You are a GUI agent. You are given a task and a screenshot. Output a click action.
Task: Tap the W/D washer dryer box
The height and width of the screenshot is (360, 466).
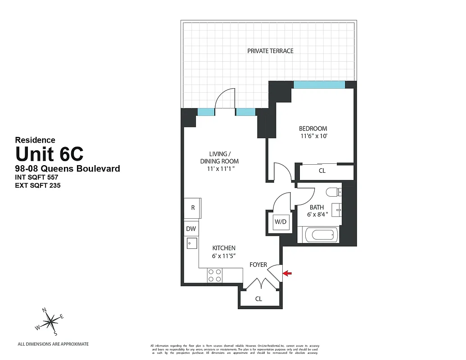[281, 221]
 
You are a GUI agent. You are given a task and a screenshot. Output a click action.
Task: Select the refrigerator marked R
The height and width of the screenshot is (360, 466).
[193, 208]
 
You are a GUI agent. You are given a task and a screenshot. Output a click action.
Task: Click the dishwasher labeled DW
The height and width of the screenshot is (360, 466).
[191, 229]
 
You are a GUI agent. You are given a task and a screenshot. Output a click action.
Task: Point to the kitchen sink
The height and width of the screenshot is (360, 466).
[191, 244]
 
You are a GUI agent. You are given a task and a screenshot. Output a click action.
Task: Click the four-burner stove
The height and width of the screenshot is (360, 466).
[215, 275]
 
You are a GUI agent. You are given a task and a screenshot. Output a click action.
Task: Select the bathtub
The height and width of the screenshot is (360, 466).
[320, 234]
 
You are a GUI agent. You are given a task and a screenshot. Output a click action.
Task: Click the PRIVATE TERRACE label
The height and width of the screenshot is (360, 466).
[270, 51]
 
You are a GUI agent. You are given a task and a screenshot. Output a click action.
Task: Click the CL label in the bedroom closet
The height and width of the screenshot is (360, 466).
[322, 171]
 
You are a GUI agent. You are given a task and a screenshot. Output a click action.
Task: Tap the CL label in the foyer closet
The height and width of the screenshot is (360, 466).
[258, 299]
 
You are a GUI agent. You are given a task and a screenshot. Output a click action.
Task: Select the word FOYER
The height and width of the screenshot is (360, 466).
[258, 265]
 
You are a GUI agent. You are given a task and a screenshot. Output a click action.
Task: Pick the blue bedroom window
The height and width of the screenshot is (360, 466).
[319, 85]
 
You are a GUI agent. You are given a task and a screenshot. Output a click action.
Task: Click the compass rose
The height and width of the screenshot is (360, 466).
[51, 320]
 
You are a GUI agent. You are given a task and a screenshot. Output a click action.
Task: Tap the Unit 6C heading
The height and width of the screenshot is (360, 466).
[50, 154]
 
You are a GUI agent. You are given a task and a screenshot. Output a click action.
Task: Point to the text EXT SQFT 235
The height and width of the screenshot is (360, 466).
[38, 185]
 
